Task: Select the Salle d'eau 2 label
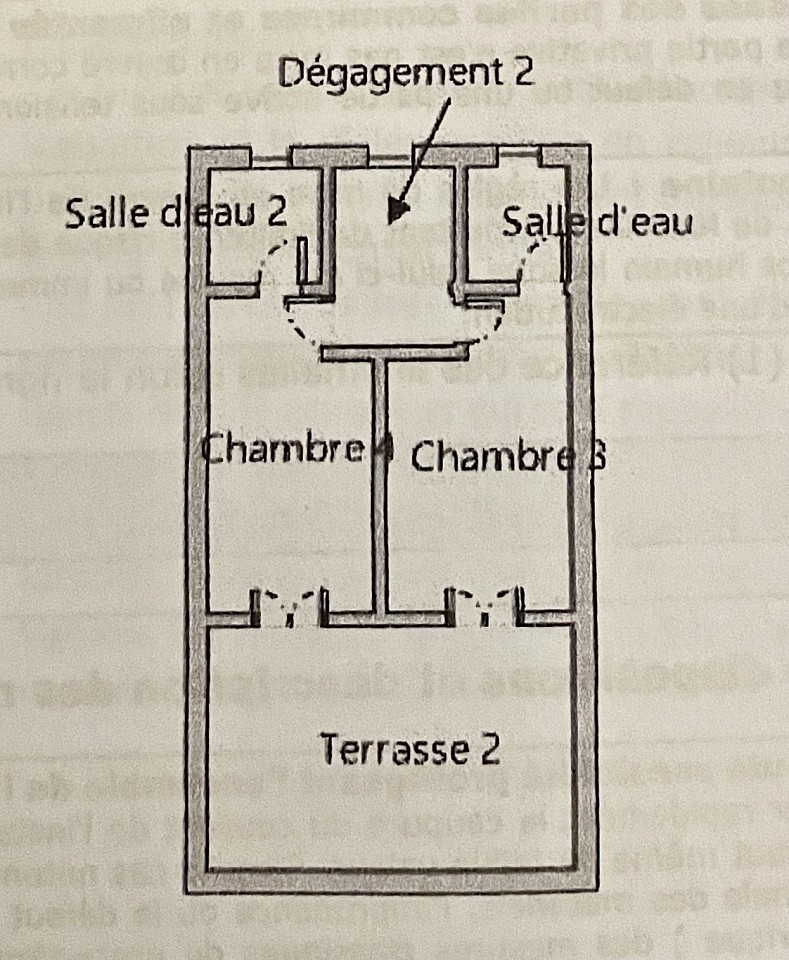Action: tap(177, 213)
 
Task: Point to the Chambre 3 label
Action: tap(507, 457)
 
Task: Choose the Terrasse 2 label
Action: tap(409, 748)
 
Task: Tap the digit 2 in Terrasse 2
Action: tap(489, 748)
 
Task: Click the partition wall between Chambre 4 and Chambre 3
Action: tap(379, 480)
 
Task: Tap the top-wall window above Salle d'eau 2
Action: tap(270, 157)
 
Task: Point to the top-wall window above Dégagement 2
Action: tap(390, 157)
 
